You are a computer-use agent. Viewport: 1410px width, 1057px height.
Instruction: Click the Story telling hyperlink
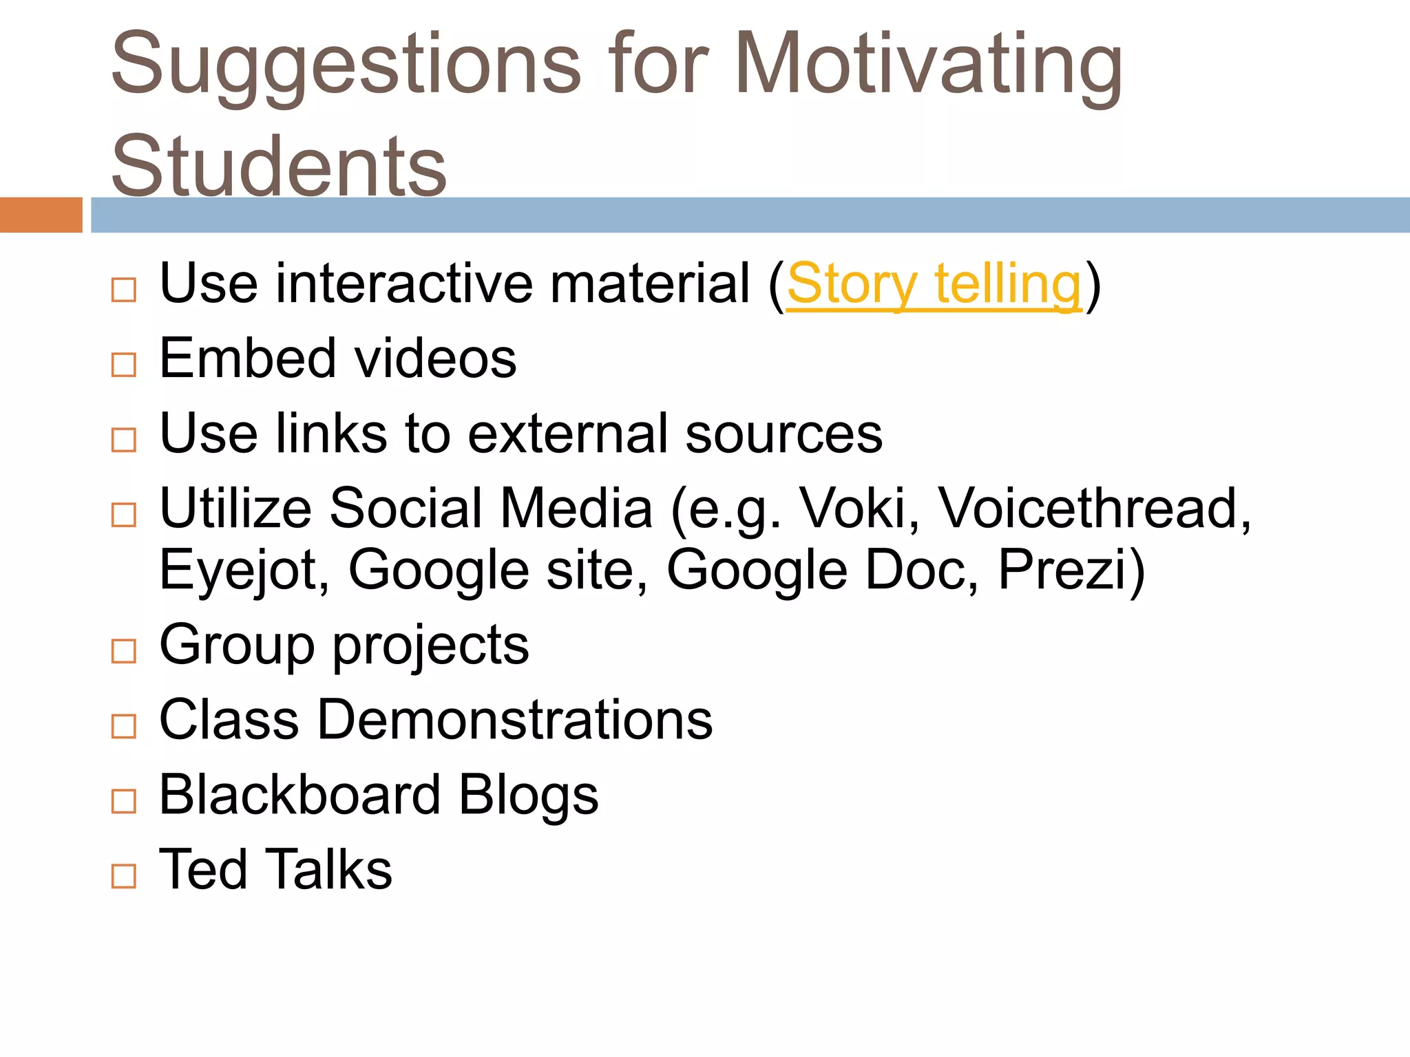point(934,284)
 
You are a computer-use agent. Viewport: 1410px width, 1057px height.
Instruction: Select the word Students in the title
point(279,166)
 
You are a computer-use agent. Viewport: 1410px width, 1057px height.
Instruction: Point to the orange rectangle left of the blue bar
point(41,215)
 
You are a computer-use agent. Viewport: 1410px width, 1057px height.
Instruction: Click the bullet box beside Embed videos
point(124,364)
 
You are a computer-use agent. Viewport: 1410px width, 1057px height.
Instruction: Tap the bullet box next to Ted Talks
point(124,875)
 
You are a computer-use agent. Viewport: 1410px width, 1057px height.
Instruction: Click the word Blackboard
point(299,795)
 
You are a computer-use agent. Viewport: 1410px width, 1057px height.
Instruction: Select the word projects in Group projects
point(431,646)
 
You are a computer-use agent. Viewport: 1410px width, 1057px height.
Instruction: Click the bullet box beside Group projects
point(124,650)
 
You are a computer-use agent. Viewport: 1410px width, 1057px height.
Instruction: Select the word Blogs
point(529,795)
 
